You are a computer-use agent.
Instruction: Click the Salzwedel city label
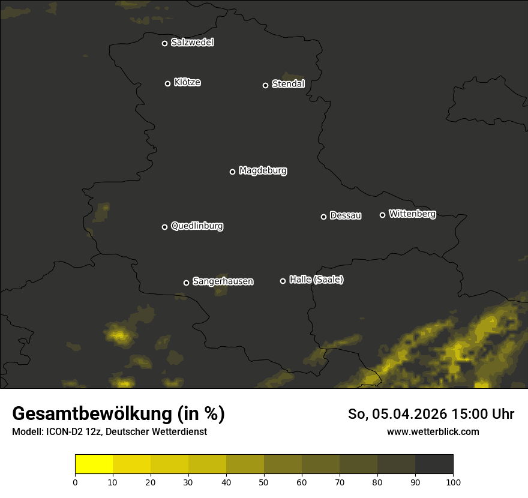[192, 43]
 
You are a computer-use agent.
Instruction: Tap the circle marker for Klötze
[168, 83]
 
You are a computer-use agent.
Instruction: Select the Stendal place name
[288, 84]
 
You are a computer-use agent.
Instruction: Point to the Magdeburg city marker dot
[233, 172]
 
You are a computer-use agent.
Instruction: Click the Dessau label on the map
[346, 215]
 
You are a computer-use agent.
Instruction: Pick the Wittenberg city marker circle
[382, 215]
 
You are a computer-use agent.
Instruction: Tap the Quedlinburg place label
[197, 226]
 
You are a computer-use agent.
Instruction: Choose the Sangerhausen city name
[223, 281]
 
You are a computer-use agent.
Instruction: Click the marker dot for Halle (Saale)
[283, 281]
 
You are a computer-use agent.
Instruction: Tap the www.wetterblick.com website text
[433, 431]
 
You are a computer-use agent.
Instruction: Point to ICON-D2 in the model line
[64, 432]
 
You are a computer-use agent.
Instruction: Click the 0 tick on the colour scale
[75, 481]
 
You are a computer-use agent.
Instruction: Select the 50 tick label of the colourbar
[264, 481]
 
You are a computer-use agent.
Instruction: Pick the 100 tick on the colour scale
[453, 481]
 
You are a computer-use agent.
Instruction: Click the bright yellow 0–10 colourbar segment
[94, 464]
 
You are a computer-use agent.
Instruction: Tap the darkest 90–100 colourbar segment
[434, 464]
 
